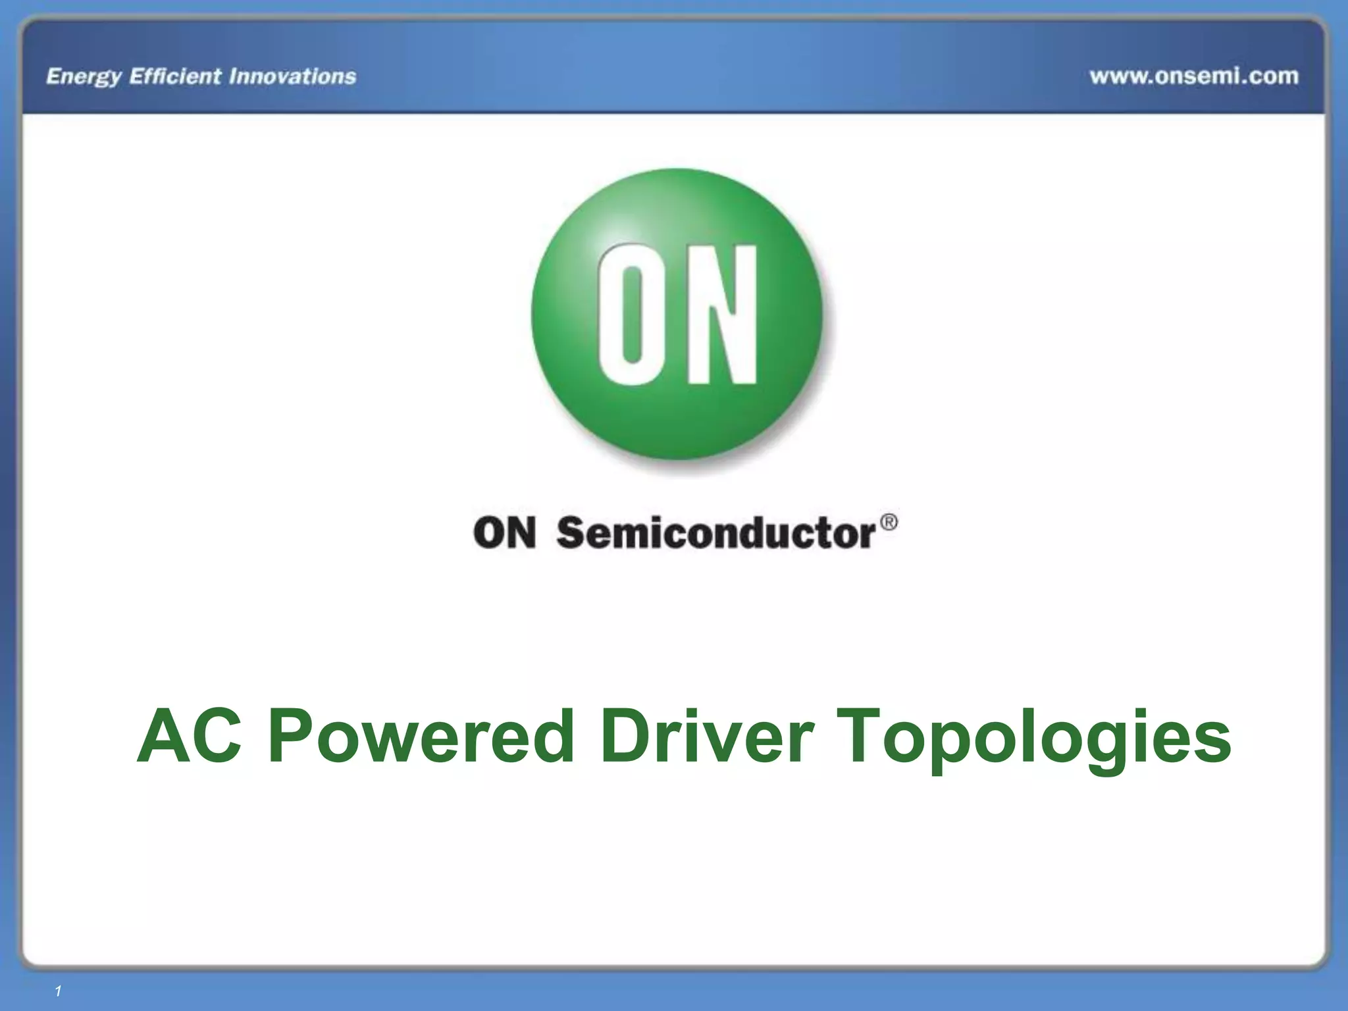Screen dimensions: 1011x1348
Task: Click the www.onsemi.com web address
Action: click(x=1194, y=76)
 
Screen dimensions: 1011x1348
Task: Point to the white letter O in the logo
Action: click(x=631, y=314)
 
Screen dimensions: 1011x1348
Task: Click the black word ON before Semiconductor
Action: click(x=504, y=532)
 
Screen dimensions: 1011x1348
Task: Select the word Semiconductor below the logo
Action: click(x=716, y=532)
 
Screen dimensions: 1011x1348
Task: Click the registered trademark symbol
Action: click(x=888, y=523)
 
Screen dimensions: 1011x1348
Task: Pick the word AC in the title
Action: click(x=189, y=736)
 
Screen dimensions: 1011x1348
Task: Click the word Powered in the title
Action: click(x=421, y=736)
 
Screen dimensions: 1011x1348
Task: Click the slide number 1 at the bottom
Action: click(x=58, y=991)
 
